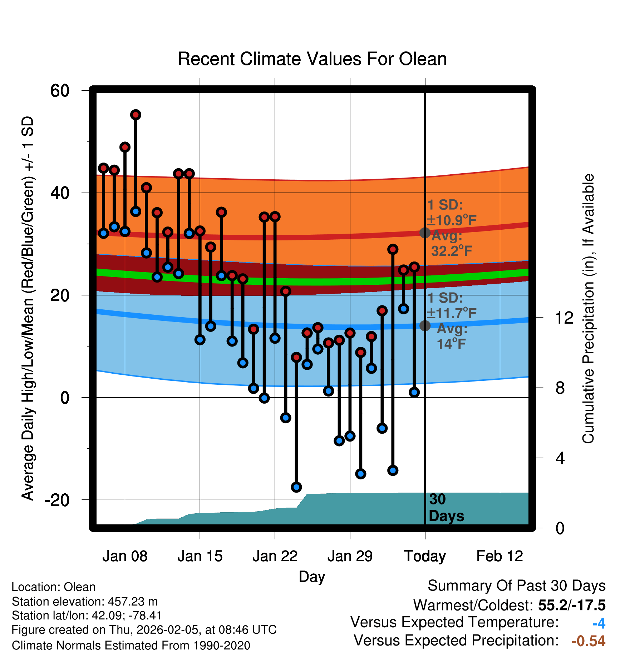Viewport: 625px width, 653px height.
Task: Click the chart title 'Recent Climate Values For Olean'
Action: [x=312, y=59]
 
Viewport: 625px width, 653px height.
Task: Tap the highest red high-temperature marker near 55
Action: [x=136, y=115]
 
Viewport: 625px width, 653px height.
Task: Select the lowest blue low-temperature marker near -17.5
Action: [x=296, y=487]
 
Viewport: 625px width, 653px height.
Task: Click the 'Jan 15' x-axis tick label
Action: [x=200, y=556]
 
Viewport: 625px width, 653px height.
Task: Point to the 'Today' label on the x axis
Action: [x=425, y=556]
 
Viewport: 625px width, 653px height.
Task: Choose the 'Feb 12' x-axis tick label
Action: [x=499, y=556]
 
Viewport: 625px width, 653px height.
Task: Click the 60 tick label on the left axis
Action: [x=60, y=91]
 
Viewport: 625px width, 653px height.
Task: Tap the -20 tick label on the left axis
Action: [x=57, y=500]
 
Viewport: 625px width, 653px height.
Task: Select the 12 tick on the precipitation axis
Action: [x=564, y=318]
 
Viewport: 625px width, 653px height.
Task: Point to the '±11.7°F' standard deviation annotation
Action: [x=452, y=313]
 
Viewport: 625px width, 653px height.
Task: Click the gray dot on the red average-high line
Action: [x=425, y=233]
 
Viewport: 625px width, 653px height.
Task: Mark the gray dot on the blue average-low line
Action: [x=425, y=325]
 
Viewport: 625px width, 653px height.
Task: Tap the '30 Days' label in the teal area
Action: [x=446, y=508]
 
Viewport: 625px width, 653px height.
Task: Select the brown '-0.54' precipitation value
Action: [x=589, y=641]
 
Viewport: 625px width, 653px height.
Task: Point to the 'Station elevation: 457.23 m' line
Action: [x=85, y=602]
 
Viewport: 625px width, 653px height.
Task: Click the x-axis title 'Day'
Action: [x=312, y=577]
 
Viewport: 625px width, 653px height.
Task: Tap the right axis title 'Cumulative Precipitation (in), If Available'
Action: [x=588, y=309]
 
